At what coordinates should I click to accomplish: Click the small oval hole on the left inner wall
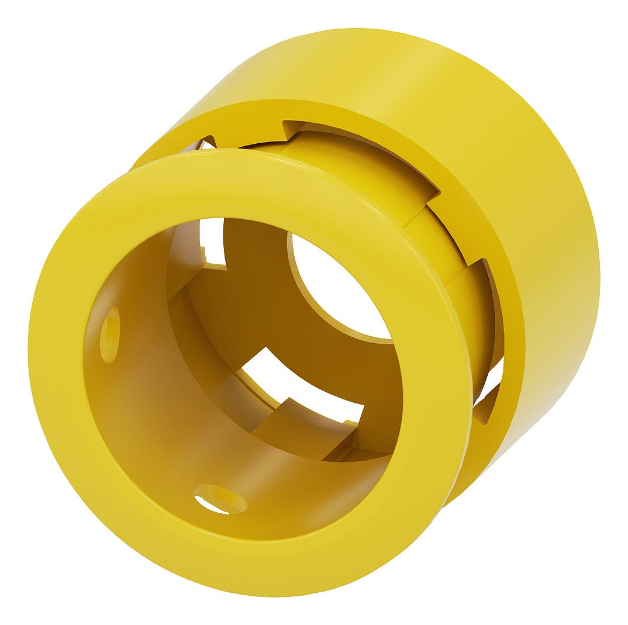pos(110,334)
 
